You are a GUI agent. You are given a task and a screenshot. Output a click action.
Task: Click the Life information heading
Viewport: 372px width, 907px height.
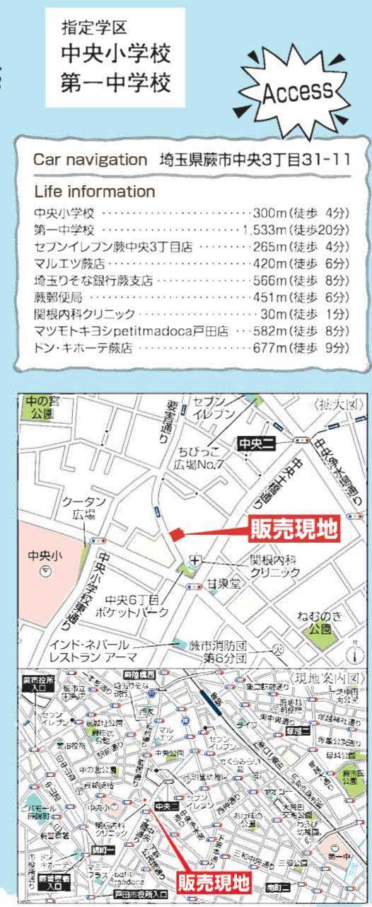[x=94, y=192]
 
